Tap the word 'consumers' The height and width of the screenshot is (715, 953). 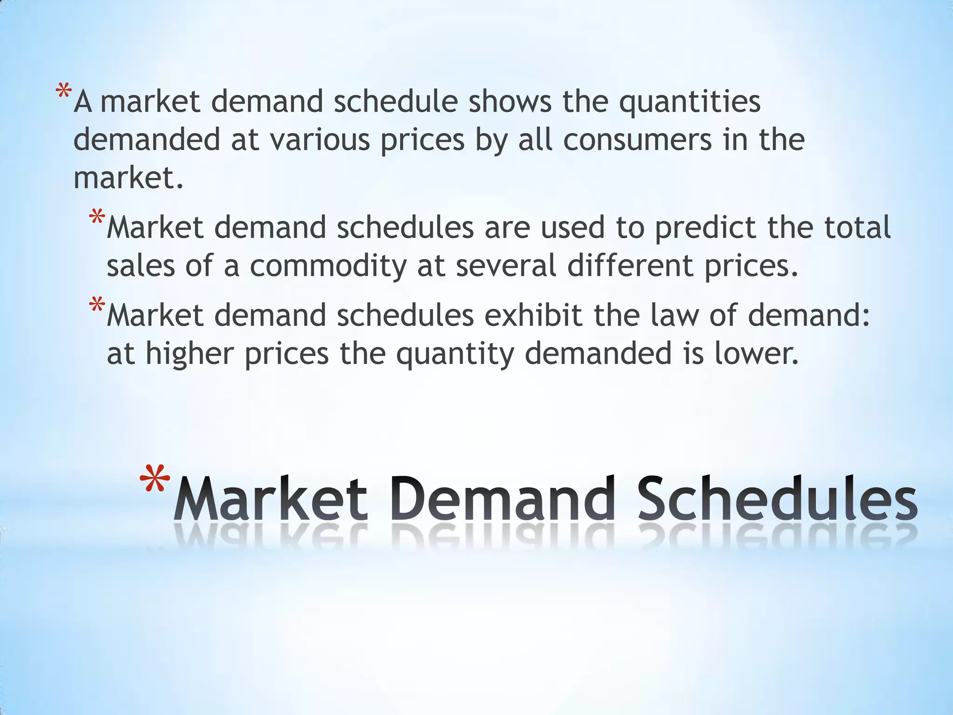637,140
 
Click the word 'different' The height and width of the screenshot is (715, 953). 630,266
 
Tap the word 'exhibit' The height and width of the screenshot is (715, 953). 534,315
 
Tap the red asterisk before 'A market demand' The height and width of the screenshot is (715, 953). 63,91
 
